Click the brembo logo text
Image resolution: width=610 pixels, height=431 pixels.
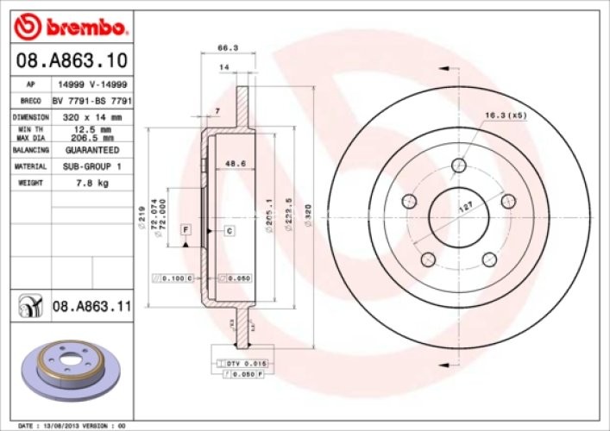point(84,28)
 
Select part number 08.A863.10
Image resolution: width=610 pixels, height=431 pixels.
point(72,61)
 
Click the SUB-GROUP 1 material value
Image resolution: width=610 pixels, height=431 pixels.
point(92,166)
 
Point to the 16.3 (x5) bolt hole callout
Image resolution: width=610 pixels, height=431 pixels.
point(506,115)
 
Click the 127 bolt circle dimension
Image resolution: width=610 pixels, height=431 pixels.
point(465,207)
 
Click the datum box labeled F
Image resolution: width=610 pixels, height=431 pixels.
point(185,229)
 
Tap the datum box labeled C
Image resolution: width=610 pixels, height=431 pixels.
point(230,230)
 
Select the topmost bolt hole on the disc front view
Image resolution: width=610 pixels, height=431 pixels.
point(457,165)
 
